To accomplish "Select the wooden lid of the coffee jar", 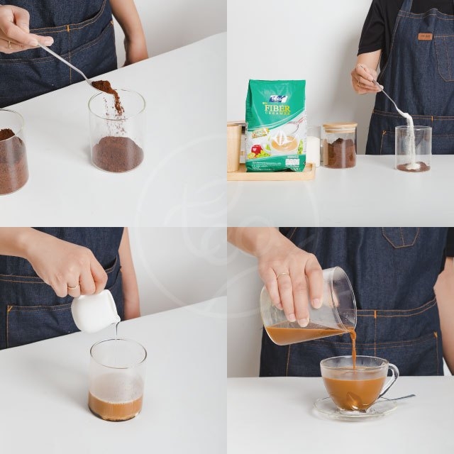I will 338,127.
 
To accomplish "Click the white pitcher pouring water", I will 94,311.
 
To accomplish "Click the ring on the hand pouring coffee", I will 282,274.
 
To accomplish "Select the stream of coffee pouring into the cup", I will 353,348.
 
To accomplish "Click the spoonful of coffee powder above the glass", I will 104,88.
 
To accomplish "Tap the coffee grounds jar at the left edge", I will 12,152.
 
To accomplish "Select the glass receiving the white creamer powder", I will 413,149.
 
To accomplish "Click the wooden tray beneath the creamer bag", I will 270,175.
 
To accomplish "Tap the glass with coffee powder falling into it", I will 117,135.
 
